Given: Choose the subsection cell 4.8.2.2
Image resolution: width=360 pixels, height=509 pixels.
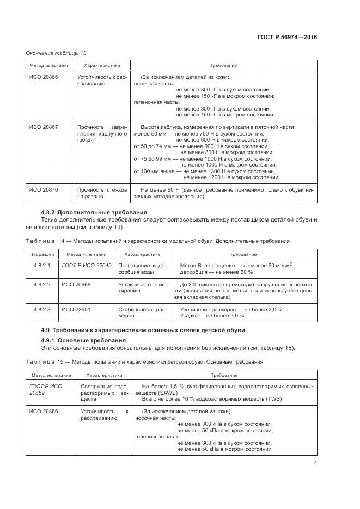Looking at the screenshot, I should pos(42,285).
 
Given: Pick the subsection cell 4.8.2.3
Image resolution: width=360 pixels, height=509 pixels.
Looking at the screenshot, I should pos(42,309).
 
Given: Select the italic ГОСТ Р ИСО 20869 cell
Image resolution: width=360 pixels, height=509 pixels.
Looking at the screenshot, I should pos(46,389).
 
